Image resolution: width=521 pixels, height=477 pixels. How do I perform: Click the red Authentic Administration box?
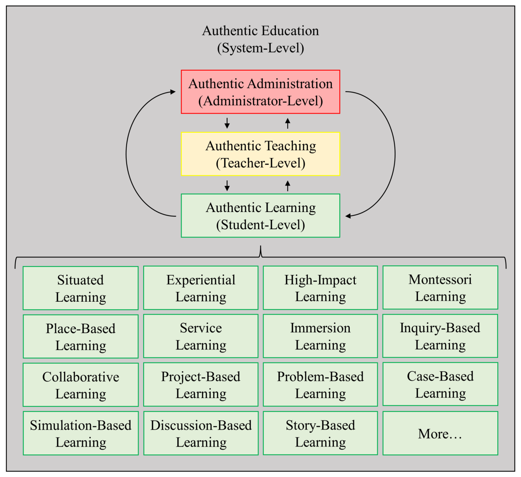click(x=260, y=92)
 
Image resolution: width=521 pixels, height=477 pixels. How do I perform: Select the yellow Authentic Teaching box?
click(x=260, y=154)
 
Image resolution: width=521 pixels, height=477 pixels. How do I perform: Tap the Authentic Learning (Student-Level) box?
click(x=260, y=216)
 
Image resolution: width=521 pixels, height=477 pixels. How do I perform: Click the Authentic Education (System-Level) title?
click(x=260, y=39)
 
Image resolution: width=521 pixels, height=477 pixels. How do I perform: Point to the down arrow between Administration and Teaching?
click(x=227, y=123)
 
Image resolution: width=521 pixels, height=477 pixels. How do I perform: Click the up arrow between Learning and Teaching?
click(x=288, y=185)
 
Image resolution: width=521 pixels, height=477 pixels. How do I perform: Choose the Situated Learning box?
click(x=81, y=288)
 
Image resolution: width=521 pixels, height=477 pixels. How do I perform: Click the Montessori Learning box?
click(x=440, y=287)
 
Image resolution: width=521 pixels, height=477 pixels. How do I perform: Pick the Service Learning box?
click(x=201, y=336)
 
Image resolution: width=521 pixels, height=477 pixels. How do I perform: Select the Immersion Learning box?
click(x=320, y=336)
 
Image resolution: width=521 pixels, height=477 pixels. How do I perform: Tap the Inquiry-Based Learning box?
click(x=440, y=336)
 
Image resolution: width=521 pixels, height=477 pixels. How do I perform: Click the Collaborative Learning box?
click(x=81, y=385)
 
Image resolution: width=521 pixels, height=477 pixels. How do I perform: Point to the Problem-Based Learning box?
click(x=320, y=385)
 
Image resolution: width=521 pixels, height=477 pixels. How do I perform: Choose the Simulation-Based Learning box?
click(x=81, y=433)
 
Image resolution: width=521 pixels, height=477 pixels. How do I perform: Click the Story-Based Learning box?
click(x=320, y=433)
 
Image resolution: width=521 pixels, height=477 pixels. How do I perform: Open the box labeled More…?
click(x=440, y=433)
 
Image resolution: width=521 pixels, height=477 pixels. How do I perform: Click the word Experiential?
click(x=201, y=280)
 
